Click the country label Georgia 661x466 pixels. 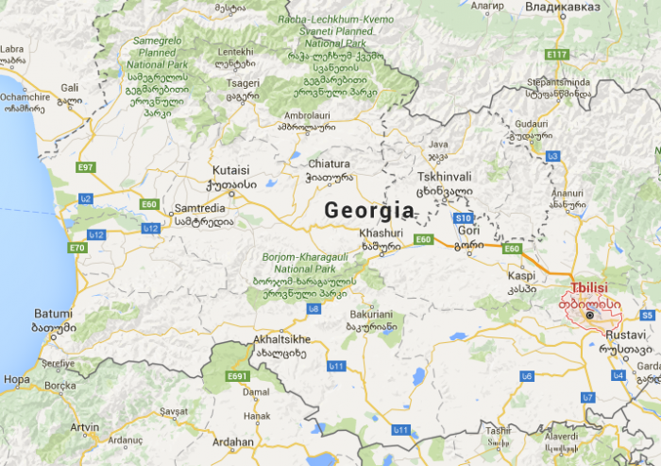369,210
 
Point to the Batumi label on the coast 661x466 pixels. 52,314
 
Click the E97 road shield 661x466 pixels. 86,167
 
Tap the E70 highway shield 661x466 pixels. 77,248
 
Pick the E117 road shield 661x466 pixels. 556,54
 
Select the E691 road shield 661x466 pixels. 237,376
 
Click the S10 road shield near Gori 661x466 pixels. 463,216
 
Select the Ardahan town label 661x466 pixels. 234,441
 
